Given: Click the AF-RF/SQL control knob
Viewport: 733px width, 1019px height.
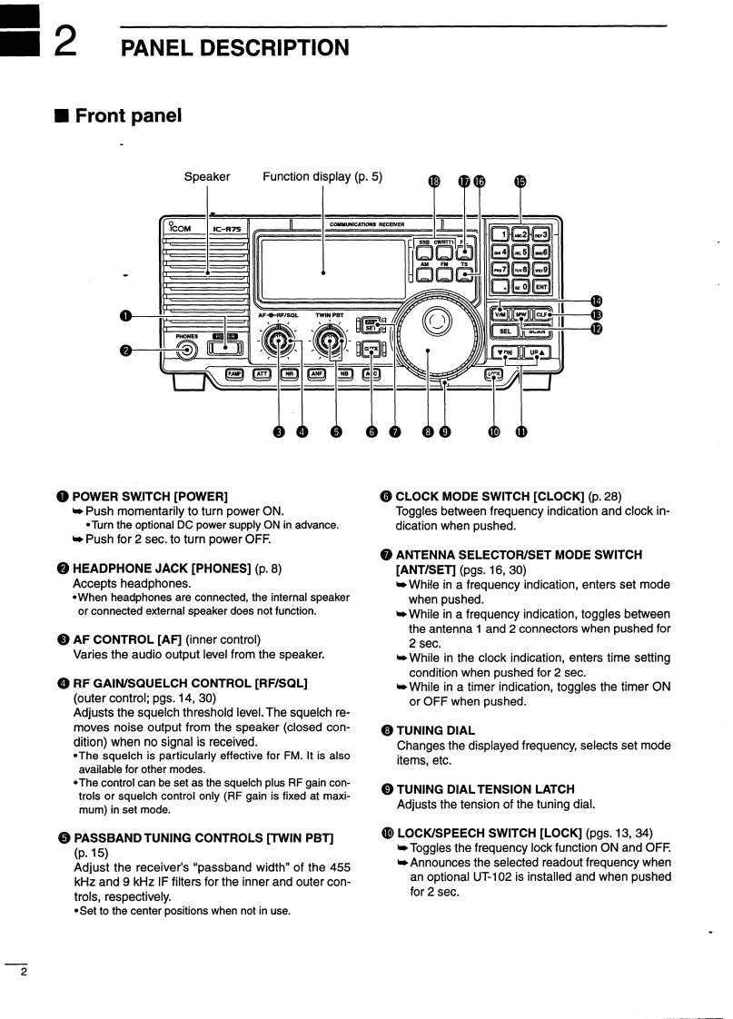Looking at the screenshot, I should (277, 344).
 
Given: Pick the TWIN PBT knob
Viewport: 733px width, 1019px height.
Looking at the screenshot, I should (330, 344).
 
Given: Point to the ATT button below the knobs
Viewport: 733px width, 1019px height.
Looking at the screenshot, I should (263, 373).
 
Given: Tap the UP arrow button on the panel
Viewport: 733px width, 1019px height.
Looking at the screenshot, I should (536, 352).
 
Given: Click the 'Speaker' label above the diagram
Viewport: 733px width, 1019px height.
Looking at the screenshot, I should (207, 176).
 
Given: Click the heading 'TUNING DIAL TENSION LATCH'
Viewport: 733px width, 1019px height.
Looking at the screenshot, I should (485, 789).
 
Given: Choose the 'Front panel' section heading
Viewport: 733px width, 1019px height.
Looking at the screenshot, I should (127, 115).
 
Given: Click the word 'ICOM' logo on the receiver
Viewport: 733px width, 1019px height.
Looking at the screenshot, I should (178, 229).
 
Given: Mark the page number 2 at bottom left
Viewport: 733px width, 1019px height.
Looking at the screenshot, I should (24, 974).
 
